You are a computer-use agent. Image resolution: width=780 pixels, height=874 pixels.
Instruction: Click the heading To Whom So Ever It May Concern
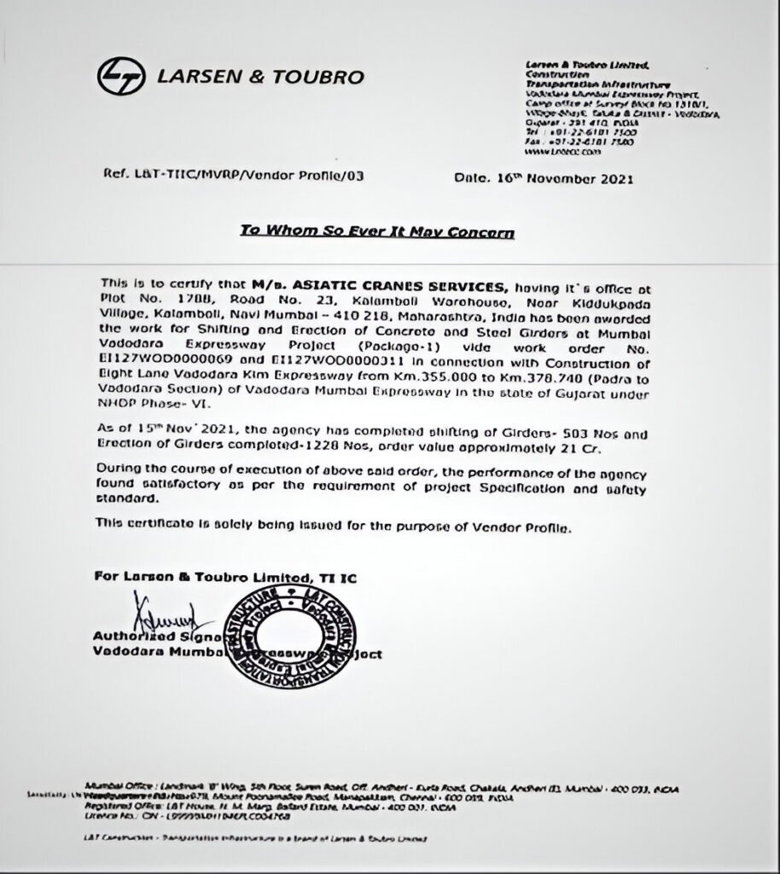tap(376, 231)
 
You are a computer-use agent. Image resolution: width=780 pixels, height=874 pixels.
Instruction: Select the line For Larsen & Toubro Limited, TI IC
tap(225, 578)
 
